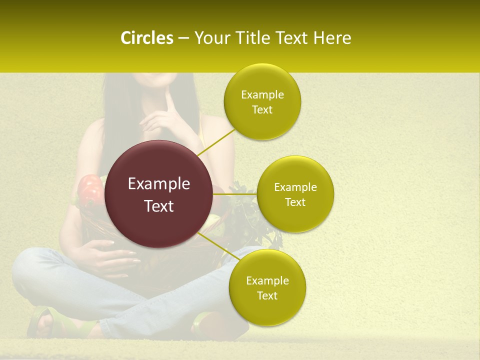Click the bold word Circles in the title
click(146, 38)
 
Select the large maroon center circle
click(159, 194)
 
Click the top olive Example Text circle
click(262, 101)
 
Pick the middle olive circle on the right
click(295, 194)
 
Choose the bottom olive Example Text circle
click(267, 287)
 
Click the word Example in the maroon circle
click(159, 184)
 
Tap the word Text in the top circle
click(262, 109)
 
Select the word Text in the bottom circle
click(267, 295)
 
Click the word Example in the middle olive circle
click(295, 187)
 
